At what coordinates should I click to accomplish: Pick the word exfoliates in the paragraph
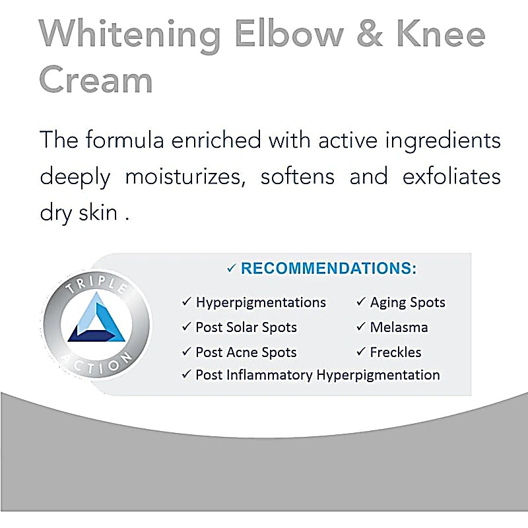[449, 177]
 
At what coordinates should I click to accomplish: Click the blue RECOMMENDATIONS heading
[328, 269]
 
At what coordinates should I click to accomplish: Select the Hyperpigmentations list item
[260, 302]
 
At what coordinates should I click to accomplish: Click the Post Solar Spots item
[246, 327]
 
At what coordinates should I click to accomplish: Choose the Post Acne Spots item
[246, 352]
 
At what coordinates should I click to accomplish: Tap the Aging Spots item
[407, 302]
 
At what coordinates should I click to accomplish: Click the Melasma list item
[399, 327]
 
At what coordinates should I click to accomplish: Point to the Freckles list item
[395, 352]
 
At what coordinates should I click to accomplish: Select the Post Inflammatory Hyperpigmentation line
[317, 375]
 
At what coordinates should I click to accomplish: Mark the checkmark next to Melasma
[361, 327]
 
